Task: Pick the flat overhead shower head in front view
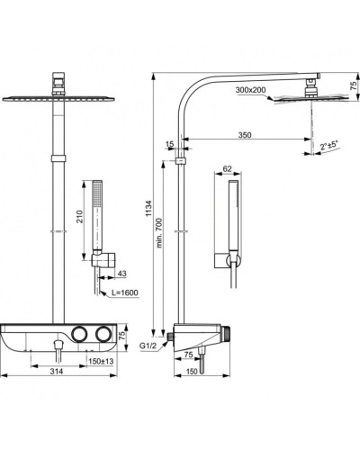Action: (x=60, y=96)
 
